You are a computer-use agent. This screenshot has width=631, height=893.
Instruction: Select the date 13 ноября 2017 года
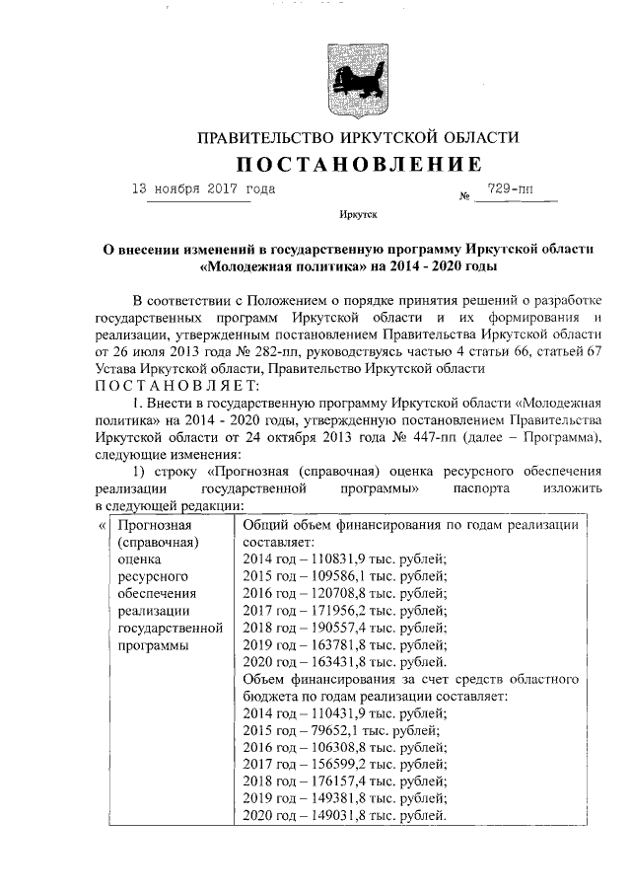pyautogui.click(x=204, y=187)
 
